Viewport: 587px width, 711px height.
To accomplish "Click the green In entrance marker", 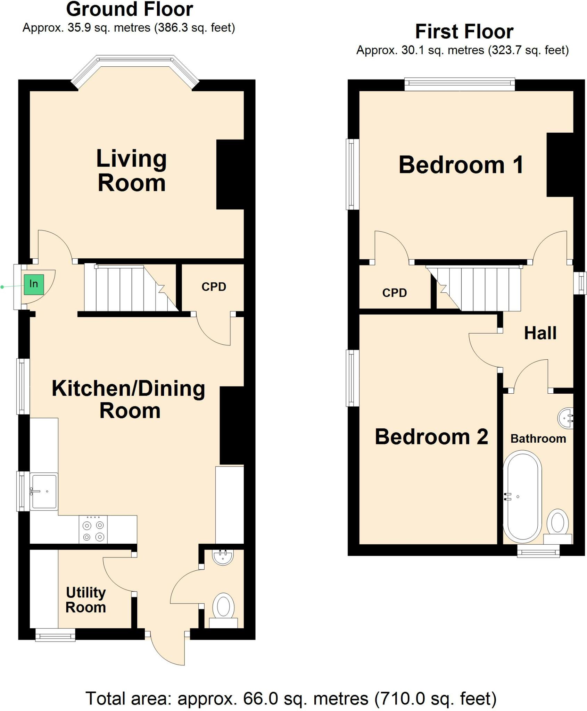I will (34, 284).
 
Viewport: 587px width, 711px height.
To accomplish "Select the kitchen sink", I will (44, 491).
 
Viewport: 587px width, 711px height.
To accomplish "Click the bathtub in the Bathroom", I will (522, 496).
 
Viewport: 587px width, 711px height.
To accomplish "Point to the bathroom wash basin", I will (565, 418).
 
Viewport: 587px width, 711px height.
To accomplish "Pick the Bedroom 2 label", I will (431, 436).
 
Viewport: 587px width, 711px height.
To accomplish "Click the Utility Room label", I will (86, 600).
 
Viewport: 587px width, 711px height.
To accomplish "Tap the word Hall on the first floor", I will (540, 333).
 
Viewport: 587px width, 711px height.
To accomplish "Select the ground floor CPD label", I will (214, 287).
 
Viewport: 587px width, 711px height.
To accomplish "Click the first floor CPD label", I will (394, 293).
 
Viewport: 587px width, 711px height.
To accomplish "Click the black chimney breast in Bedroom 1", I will (559, 165).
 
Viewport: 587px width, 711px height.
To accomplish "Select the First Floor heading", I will (464, 32).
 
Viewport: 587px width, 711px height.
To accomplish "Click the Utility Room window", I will (56, 635).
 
